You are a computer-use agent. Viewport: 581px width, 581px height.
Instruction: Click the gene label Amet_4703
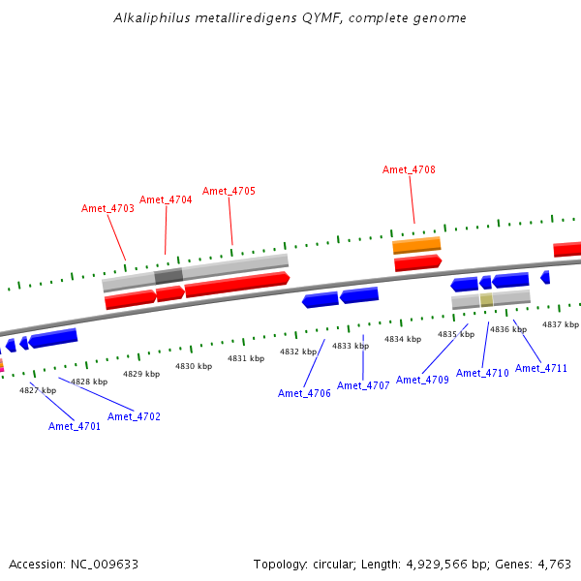coord(107,208)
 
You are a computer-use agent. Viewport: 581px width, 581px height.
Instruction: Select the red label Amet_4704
coord(166,200)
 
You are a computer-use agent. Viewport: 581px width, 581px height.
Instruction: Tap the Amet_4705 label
coord(229,191)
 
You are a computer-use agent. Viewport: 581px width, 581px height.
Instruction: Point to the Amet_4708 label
coord(409,169)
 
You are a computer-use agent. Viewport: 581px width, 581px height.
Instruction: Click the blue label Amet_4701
coord(75,426)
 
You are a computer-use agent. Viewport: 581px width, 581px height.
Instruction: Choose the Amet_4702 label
coord(134,416)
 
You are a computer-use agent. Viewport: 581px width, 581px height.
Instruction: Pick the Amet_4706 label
coord(304,393)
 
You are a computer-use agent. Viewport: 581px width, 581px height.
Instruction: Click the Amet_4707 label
coord(363,385)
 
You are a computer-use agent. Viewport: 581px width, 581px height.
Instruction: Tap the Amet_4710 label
coord(482,373)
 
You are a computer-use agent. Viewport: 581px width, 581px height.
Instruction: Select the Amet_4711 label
coord(541,368)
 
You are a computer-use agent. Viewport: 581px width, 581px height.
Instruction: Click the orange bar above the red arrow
coord(416,245)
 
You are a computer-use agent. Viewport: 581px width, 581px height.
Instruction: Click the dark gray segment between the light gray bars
coord(168,276)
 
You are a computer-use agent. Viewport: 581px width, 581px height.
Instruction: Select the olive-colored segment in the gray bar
coord(486,300)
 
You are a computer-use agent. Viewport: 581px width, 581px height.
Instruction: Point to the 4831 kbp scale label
coord(246,358)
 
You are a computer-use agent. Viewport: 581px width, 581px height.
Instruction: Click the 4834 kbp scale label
coord(403,340)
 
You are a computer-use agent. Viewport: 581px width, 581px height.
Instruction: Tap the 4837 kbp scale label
coord(561,325)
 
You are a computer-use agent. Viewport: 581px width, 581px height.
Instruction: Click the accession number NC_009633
coord(105,565)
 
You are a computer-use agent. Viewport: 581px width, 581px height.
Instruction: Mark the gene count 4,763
coord(554,565)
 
